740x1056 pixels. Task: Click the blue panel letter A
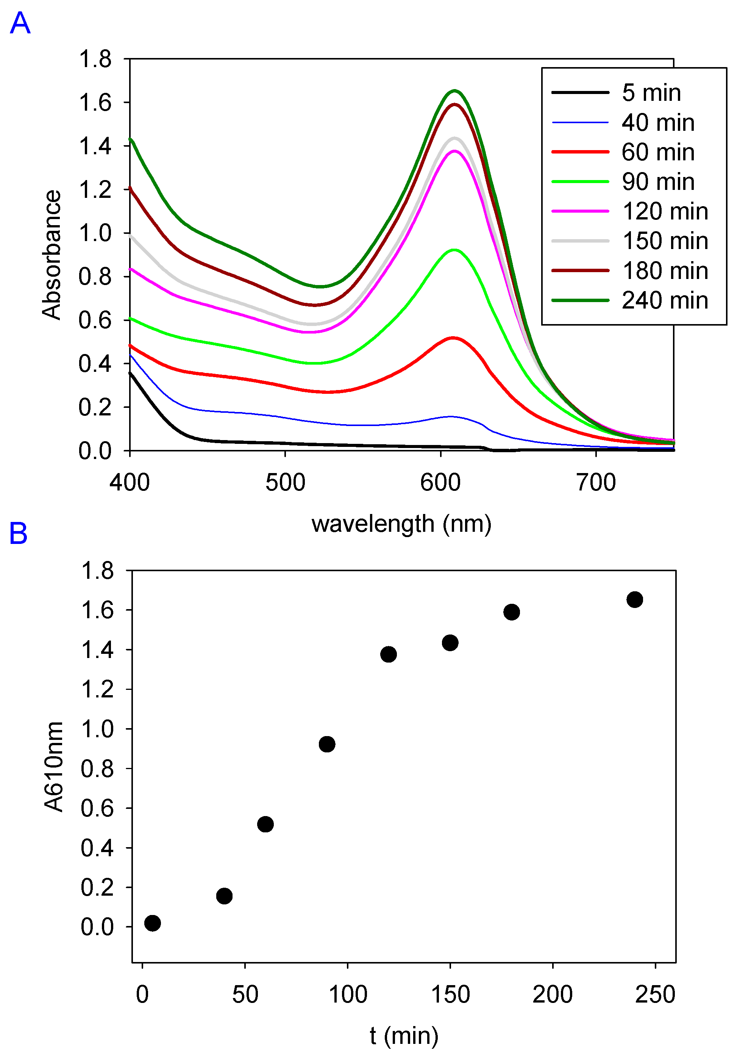pyautogui.click(x=20, y=24)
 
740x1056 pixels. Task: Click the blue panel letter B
pyautogui.click(x=19, y=534)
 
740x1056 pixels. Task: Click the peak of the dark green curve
pyautogui.click(x=454, y=91)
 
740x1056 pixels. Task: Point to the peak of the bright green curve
pyautogui.click(x=454, y=250)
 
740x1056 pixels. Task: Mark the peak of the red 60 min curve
pyautogui.click(x=453, y=338)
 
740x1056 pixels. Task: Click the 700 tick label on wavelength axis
pyautogui.click(x=596, y=483)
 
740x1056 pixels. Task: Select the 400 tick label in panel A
pyautogui.click(x=130, y=483)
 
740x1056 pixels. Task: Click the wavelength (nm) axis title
pyautogui.click(x=401, y=524)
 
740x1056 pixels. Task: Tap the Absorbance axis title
pyautogui.click(x=52, y=254)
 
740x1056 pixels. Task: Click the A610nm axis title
pyautogui.click(x=53, y=767)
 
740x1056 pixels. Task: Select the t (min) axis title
pyautogui.click(x=404, y=1036)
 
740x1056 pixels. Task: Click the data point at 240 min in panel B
pyautogui.click(x=634, y=600)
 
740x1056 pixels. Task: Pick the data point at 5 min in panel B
pyautogui.click(x=153, y=923)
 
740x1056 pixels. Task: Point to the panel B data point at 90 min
pyautogui.click(x=327, y=744)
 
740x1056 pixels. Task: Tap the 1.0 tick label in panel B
pyautogui.click(x=97, y=729)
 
